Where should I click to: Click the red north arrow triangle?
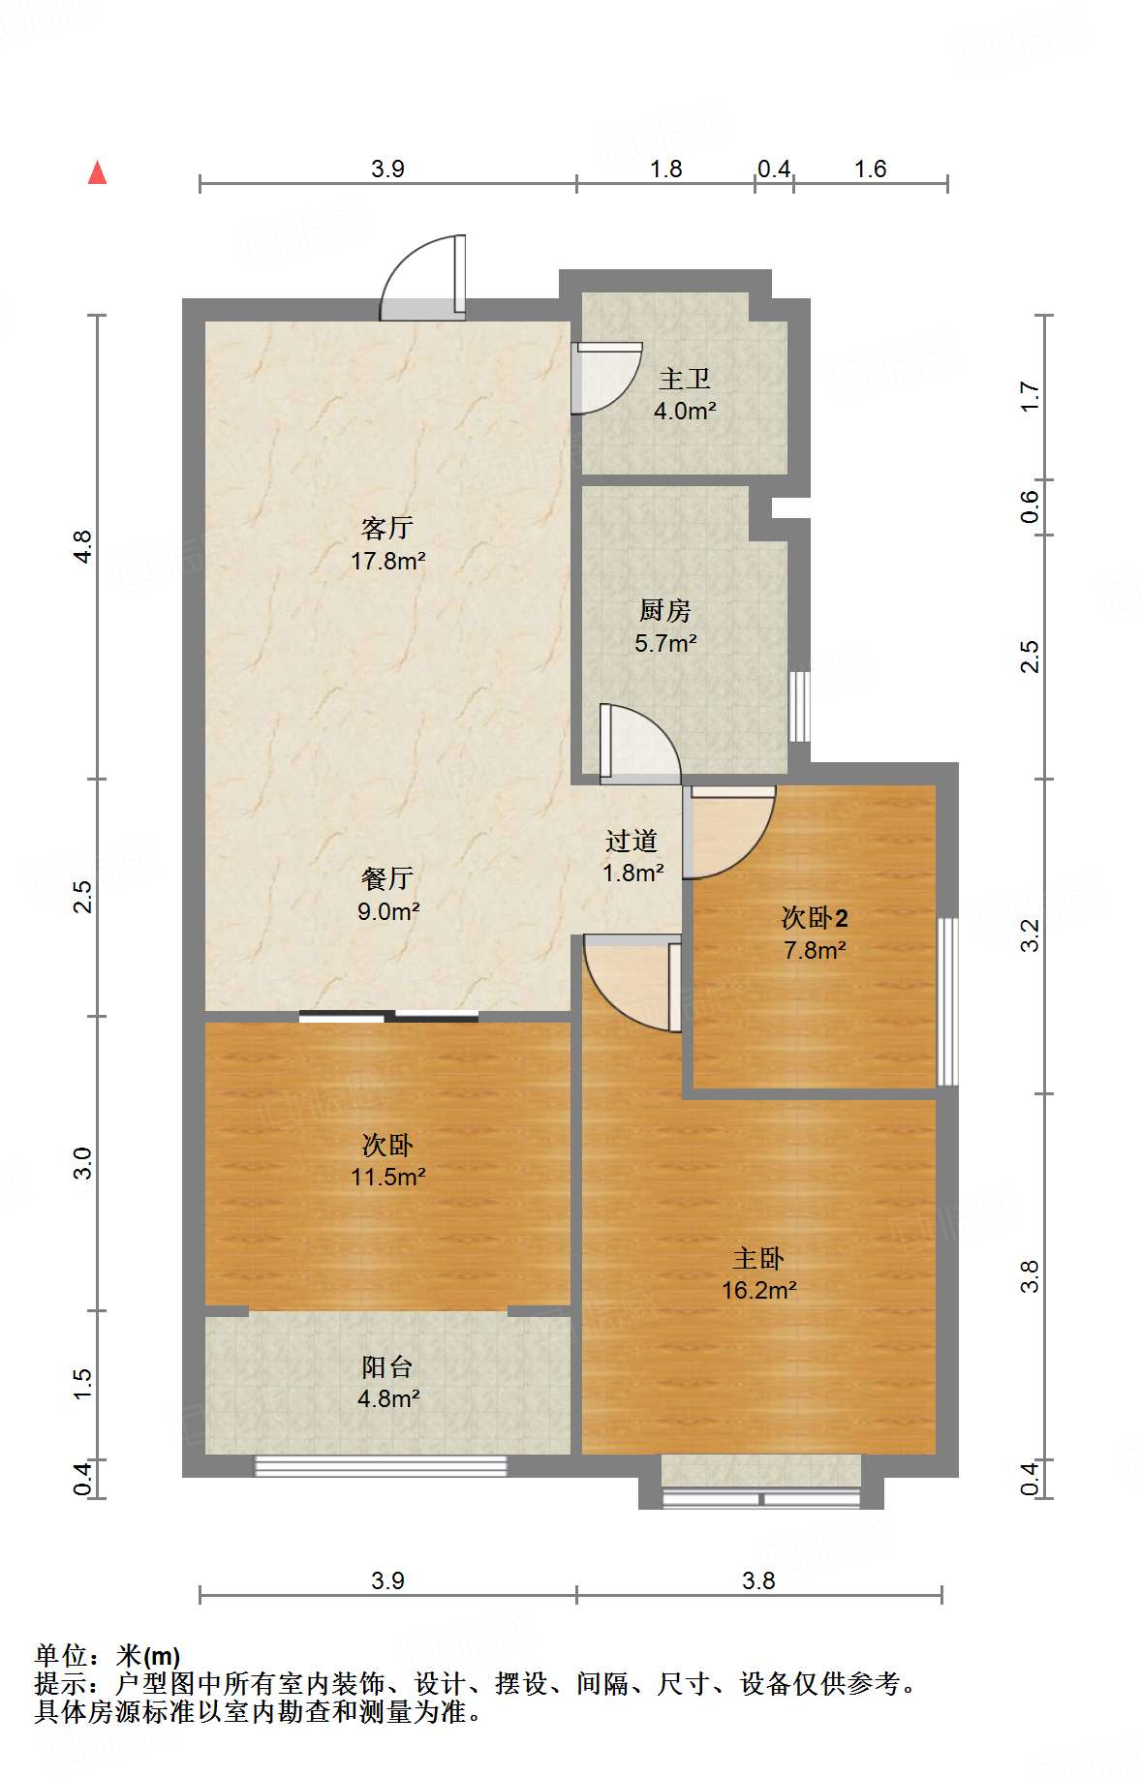coord(97,172)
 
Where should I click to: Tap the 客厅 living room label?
coord(387,528)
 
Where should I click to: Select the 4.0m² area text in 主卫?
coord(685,411)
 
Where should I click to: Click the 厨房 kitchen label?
coord(665,610)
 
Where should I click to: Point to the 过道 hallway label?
coord(632,841)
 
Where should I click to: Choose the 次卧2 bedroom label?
coord(815,917)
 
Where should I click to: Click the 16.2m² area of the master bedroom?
coord(758,1290)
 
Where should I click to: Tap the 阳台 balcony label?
coord(387,1366)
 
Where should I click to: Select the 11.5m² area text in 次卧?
coord(388,1177)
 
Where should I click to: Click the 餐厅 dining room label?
coord(387,878)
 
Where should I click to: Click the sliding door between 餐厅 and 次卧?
coord(388,1016)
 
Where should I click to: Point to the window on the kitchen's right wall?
coord(799,706)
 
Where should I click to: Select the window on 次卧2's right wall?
coord(948,1001)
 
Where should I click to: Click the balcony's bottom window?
coord(381,1466)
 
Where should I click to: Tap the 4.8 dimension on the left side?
coord(83,547)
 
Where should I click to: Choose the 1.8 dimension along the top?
coord(666,169)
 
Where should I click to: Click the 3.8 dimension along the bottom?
coord(758,1580)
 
